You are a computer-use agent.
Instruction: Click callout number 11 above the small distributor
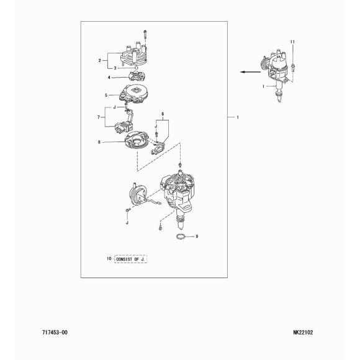[292, 42]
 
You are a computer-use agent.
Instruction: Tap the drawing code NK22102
[303, 333]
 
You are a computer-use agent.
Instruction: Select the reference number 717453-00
[55, 333]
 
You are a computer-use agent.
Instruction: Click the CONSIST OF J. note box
[130, 259]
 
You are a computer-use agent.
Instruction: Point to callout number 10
[109, 259]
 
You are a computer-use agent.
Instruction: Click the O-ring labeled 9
[181, 236]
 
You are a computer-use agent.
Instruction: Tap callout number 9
[197, 236]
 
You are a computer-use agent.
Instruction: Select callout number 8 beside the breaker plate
[99, 142]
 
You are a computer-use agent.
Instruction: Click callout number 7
[99, 117]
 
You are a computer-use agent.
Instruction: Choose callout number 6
[163, 114]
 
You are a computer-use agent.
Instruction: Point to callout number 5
[106, 95]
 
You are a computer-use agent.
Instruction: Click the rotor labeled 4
[137, 76]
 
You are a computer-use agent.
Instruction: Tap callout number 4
[109, 78]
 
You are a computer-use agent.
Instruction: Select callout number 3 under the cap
[115, 68]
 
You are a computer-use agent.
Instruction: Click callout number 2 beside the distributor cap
[99, 61]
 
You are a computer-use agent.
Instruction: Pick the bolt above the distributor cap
[145, 34]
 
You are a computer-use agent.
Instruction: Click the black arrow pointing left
[251, 72]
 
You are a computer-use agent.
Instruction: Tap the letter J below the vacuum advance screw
[127, 223]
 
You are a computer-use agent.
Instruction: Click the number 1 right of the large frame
[238, 117]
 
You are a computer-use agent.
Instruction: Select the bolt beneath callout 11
[292, 68]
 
